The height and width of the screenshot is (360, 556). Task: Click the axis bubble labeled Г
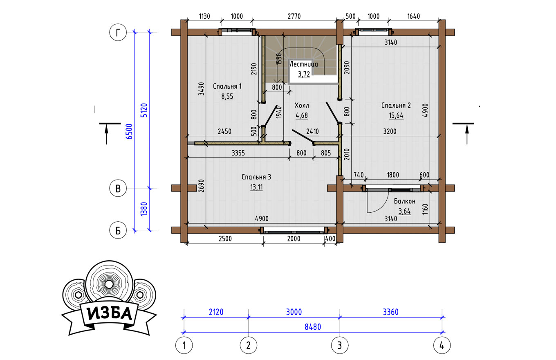(x=118, y=32)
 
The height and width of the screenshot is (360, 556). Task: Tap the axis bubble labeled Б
(x=118, y=230)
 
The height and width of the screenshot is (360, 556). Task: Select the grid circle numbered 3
(x=340, y=345)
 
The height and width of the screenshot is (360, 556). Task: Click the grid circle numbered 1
(x=184, y=345)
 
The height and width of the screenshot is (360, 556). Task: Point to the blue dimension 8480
(x=313, y=327)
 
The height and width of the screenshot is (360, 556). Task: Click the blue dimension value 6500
(x=129, y=131)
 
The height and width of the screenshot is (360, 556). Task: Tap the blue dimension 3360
(x=390, y=312)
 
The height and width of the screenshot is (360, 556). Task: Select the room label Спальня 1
(x=227, y=86)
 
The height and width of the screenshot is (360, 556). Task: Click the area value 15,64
(x=396, y=115)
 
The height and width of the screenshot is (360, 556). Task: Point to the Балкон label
(x=405, y=201)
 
